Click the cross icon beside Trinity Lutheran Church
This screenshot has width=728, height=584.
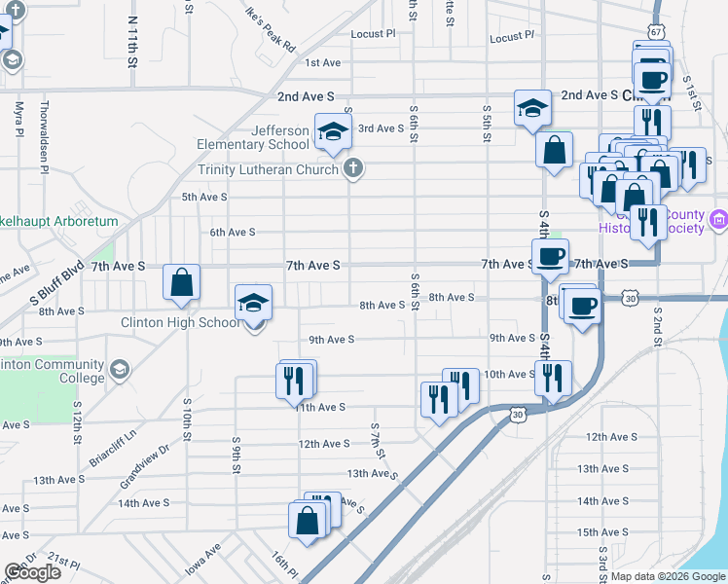[x=353, y=169]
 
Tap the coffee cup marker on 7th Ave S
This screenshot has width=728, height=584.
[x=551, y=258]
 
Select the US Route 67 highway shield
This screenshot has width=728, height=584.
[x=657, y=32]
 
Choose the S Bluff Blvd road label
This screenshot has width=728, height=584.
[x=60, y=287]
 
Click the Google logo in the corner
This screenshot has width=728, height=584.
[x=32, y=572]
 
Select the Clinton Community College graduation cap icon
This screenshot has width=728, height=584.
[x=119, y=370]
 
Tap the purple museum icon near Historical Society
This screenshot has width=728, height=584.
[x=719, y=221]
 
